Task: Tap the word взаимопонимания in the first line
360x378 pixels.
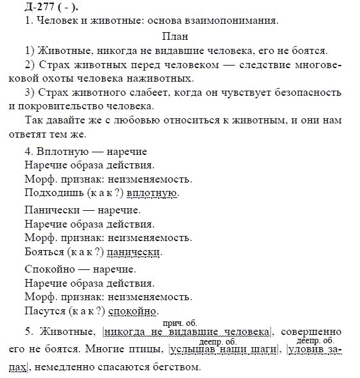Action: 237,21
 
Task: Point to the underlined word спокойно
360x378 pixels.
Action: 132,310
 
